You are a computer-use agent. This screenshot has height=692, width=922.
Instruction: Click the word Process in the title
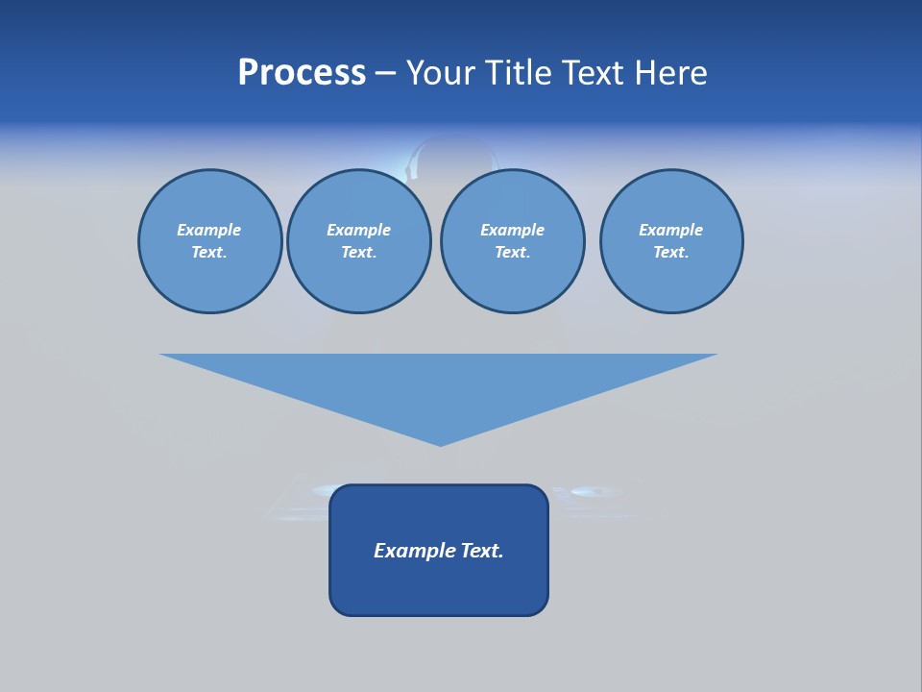pyautogui.click(x=302, y=73)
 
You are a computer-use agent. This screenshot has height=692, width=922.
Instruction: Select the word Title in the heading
pyautogui.click(x=519, y=73)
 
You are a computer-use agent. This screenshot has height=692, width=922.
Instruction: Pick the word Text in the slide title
pyautogui.click(x=591, y=73)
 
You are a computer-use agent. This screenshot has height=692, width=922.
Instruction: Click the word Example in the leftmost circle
pyautogui.click(x=209, y=230)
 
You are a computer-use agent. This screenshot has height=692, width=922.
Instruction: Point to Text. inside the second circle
pyautogui.click(x=358, y=252)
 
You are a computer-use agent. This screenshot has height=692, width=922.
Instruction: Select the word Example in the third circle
pyautogui.click(x=512, y=230)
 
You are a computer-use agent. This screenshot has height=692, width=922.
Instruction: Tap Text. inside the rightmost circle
pyautogui.click(x=670, y=252)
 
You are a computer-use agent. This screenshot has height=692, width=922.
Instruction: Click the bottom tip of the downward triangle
pyautogui.click(x=440, y=443)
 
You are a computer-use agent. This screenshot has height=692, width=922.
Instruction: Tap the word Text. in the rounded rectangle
pyautogui.click(x=482, y=551)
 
